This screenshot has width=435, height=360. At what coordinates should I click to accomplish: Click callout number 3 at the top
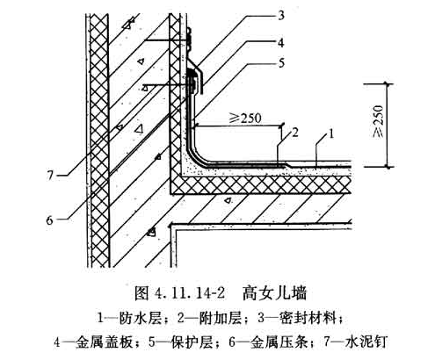(x=281, y=15)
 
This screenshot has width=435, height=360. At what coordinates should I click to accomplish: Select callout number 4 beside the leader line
(x=281, y=43)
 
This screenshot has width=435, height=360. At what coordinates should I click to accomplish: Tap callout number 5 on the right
(x=281, y=63)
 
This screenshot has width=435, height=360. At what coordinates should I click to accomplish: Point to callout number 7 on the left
(x=50, y=175)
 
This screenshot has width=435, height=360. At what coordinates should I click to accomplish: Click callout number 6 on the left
(x=50, y=220)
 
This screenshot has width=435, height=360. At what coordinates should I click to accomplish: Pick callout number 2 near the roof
(x=295, y=133)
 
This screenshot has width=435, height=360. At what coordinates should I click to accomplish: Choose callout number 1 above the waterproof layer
(x=331, y=134)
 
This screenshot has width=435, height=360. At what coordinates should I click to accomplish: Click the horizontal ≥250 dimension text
(x=245, y=118)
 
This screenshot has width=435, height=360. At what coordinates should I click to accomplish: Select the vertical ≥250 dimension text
(x=378, y=120)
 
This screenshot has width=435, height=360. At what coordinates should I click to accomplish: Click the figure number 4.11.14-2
(x=190, y=292)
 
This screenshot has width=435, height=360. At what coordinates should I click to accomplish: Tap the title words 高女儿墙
(x=274, y=292)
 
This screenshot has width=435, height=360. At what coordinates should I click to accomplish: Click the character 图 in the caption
(x=141, y=292)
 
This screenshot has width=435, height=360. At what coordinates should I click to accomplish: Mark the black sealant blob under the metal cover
(x=191, y=72)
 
